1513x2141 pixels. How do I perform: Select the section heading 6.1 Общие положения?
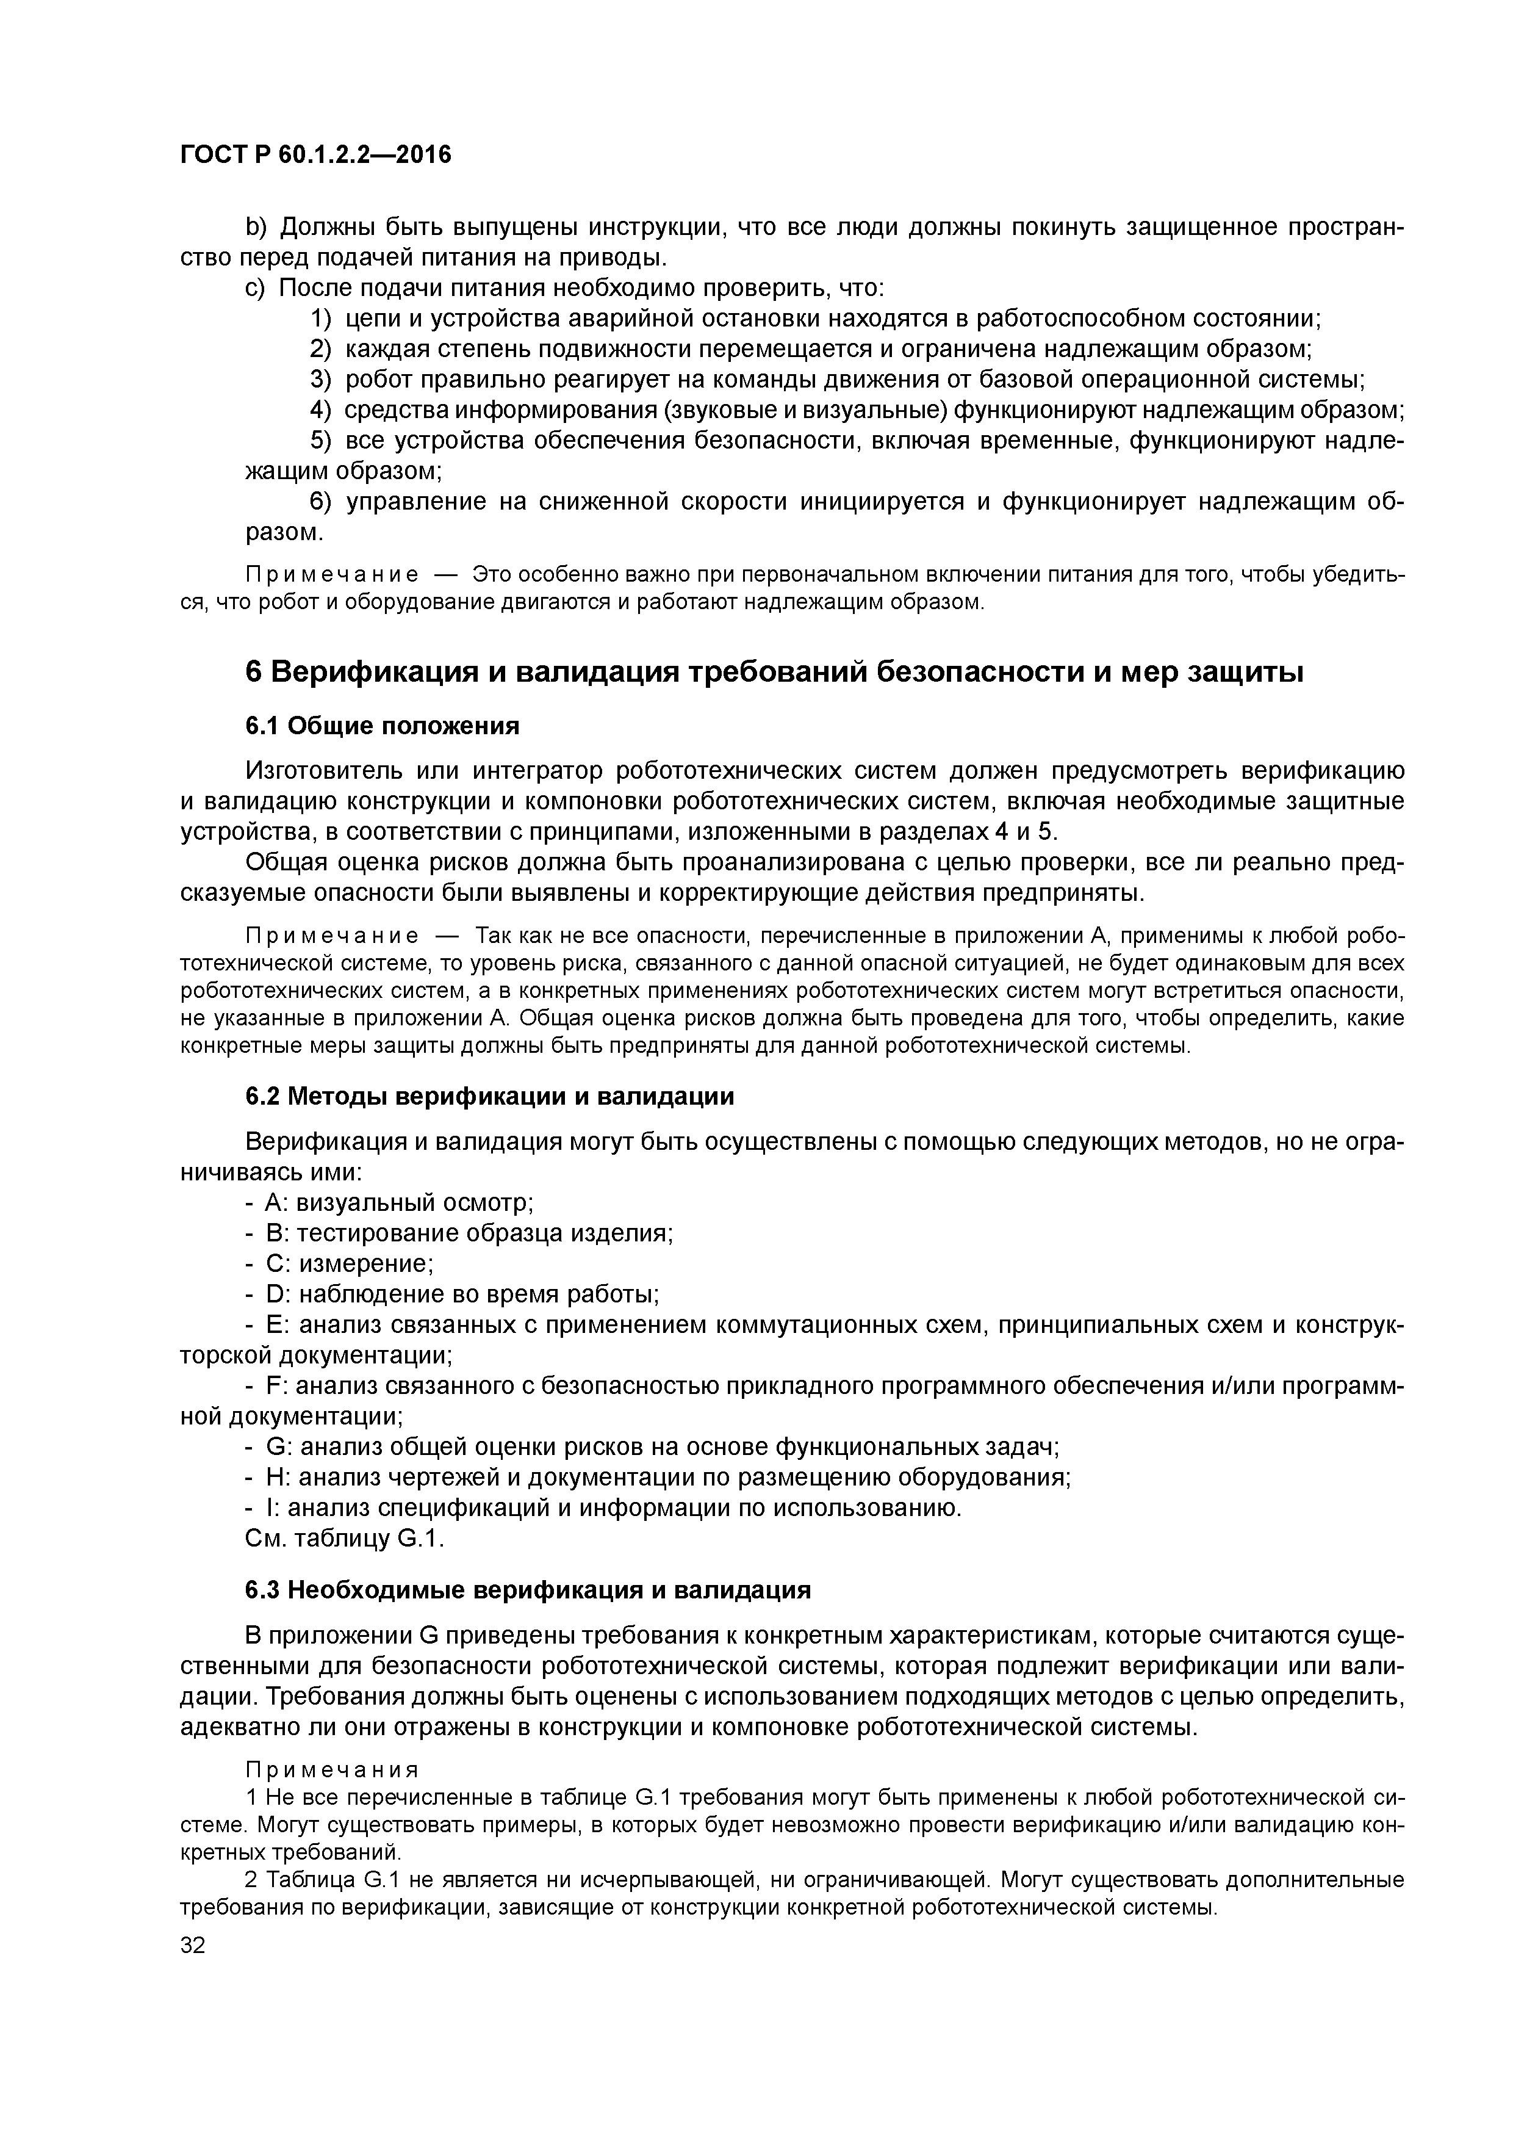pyautogui.click(x=382, y=726)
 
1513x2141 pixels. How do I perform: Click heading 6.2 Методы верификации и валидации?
pyautogui.click(x=489, y=1097)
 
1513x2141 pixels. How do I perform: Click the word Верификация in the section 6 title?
pyautogui.click(x=373, y=671)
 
